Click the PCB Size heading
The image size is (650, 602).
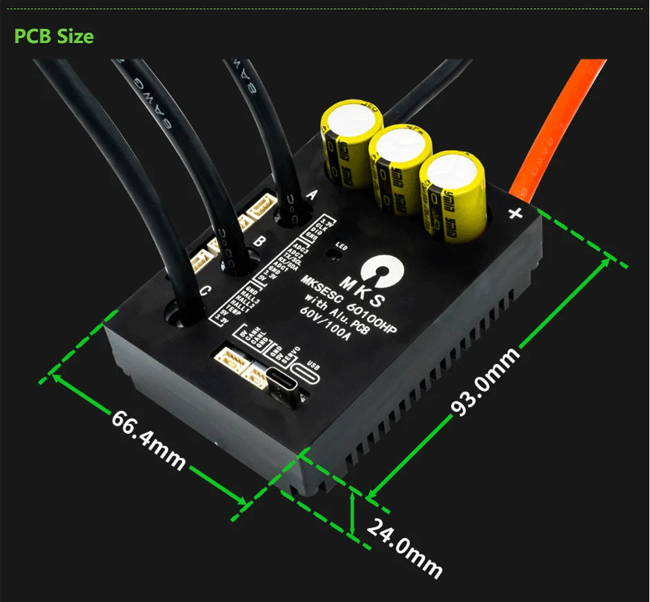point(54,36)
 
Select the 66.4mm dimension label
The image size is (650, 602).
point(148,441)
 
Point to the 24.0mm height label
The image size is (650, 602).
point(404,548)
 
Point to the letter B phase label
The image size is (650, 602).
point(259,241)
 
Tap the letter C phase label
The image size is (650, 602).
point(204,292)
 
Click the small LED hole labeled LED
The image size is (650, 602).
point(334,254)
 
